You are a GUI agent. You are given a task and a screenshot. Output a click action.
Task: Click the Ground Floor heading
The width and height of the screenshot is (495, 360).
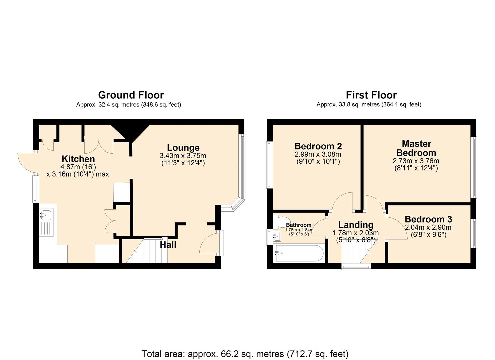[131, 95]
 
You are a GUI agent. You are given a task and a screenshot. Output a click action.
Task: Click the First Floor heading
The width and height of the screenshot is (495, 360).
[371, 95]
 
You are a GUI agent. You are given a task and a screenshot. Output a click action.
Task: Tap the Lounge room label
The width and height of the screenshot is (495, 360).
[183, 147]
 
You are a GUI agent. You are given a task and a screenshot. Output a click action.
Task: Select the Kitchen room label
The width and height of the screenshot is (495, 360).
[78, 159]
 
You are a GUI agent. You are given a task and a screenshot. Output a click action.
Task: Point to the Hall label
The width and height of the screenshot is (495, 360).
[168, 245]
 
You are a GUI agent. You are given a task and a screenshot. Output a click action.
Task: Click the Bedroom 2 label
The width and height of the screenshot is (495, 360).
[318, 146]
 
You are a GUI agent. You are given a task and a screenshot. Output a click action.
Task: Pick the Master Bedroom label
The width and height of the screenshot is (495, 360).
[416, 148]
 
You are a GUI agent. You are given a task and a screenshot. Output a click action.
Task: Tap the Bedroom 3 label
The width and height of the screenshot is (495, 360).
[428, 219]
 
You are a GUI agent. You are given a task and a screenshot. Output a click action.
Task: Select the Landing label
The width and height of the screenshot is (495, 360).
[356, 225]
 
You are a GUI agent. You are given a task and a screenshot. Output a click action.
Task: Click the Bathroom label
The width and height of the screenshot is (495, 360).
[299, 225]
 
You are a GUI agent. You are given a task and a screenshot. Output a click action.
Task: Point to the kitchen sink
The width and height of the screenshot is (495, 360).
[45, 215]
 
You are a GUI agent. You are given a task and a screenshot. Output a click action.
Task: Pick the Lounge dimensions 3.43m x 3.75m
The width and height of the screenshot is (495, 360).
[183, 156]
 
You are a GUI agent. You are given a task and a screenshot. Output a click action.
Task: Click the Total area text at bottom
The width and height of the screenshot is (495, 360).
[245, 354]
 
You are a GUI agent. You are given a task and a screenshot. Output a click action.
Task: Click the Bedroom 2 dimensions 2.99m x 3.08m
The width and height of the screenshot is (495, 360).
[318, 154]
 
